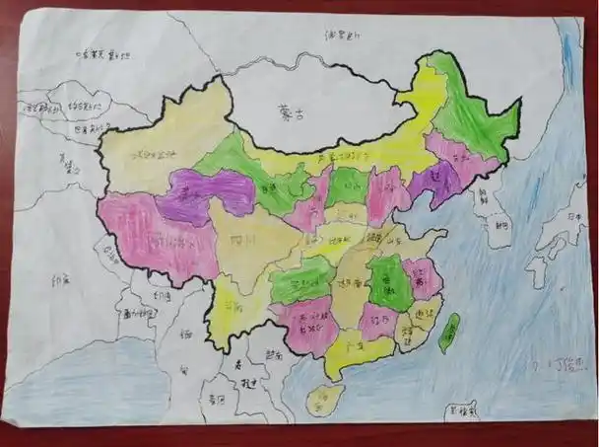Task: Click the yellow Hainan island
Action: [x=321, y=398]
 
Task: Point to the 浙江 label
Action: [x=424, y=313]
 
